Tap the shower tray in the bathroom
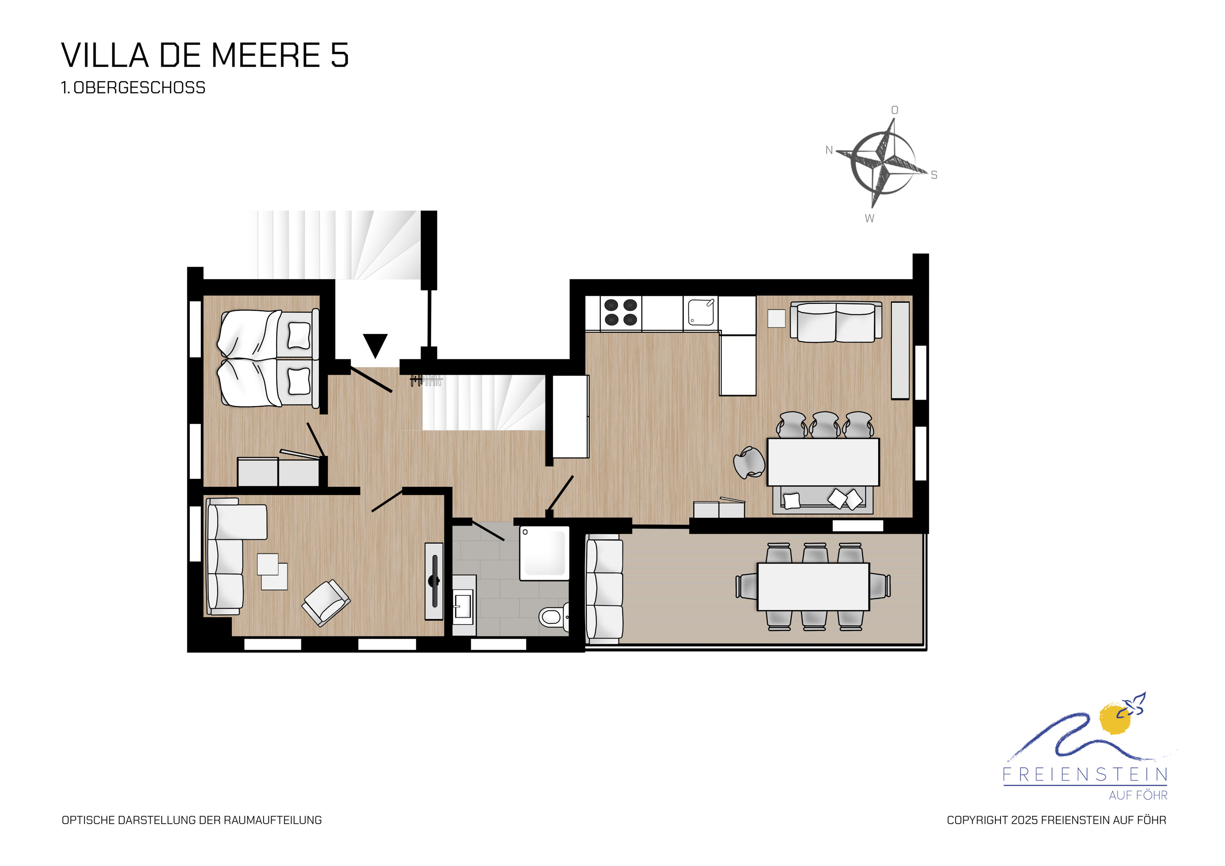544,553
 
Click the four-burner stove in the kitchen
621,312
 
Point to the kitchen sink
701,313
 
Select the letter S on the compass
934,175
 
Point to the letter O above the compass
895,110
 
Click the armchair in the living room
326,603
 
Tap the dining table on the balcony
813,586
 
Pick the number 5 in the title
339,56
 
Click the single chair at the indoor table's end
749,463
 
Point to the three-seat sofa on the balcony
604,589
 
